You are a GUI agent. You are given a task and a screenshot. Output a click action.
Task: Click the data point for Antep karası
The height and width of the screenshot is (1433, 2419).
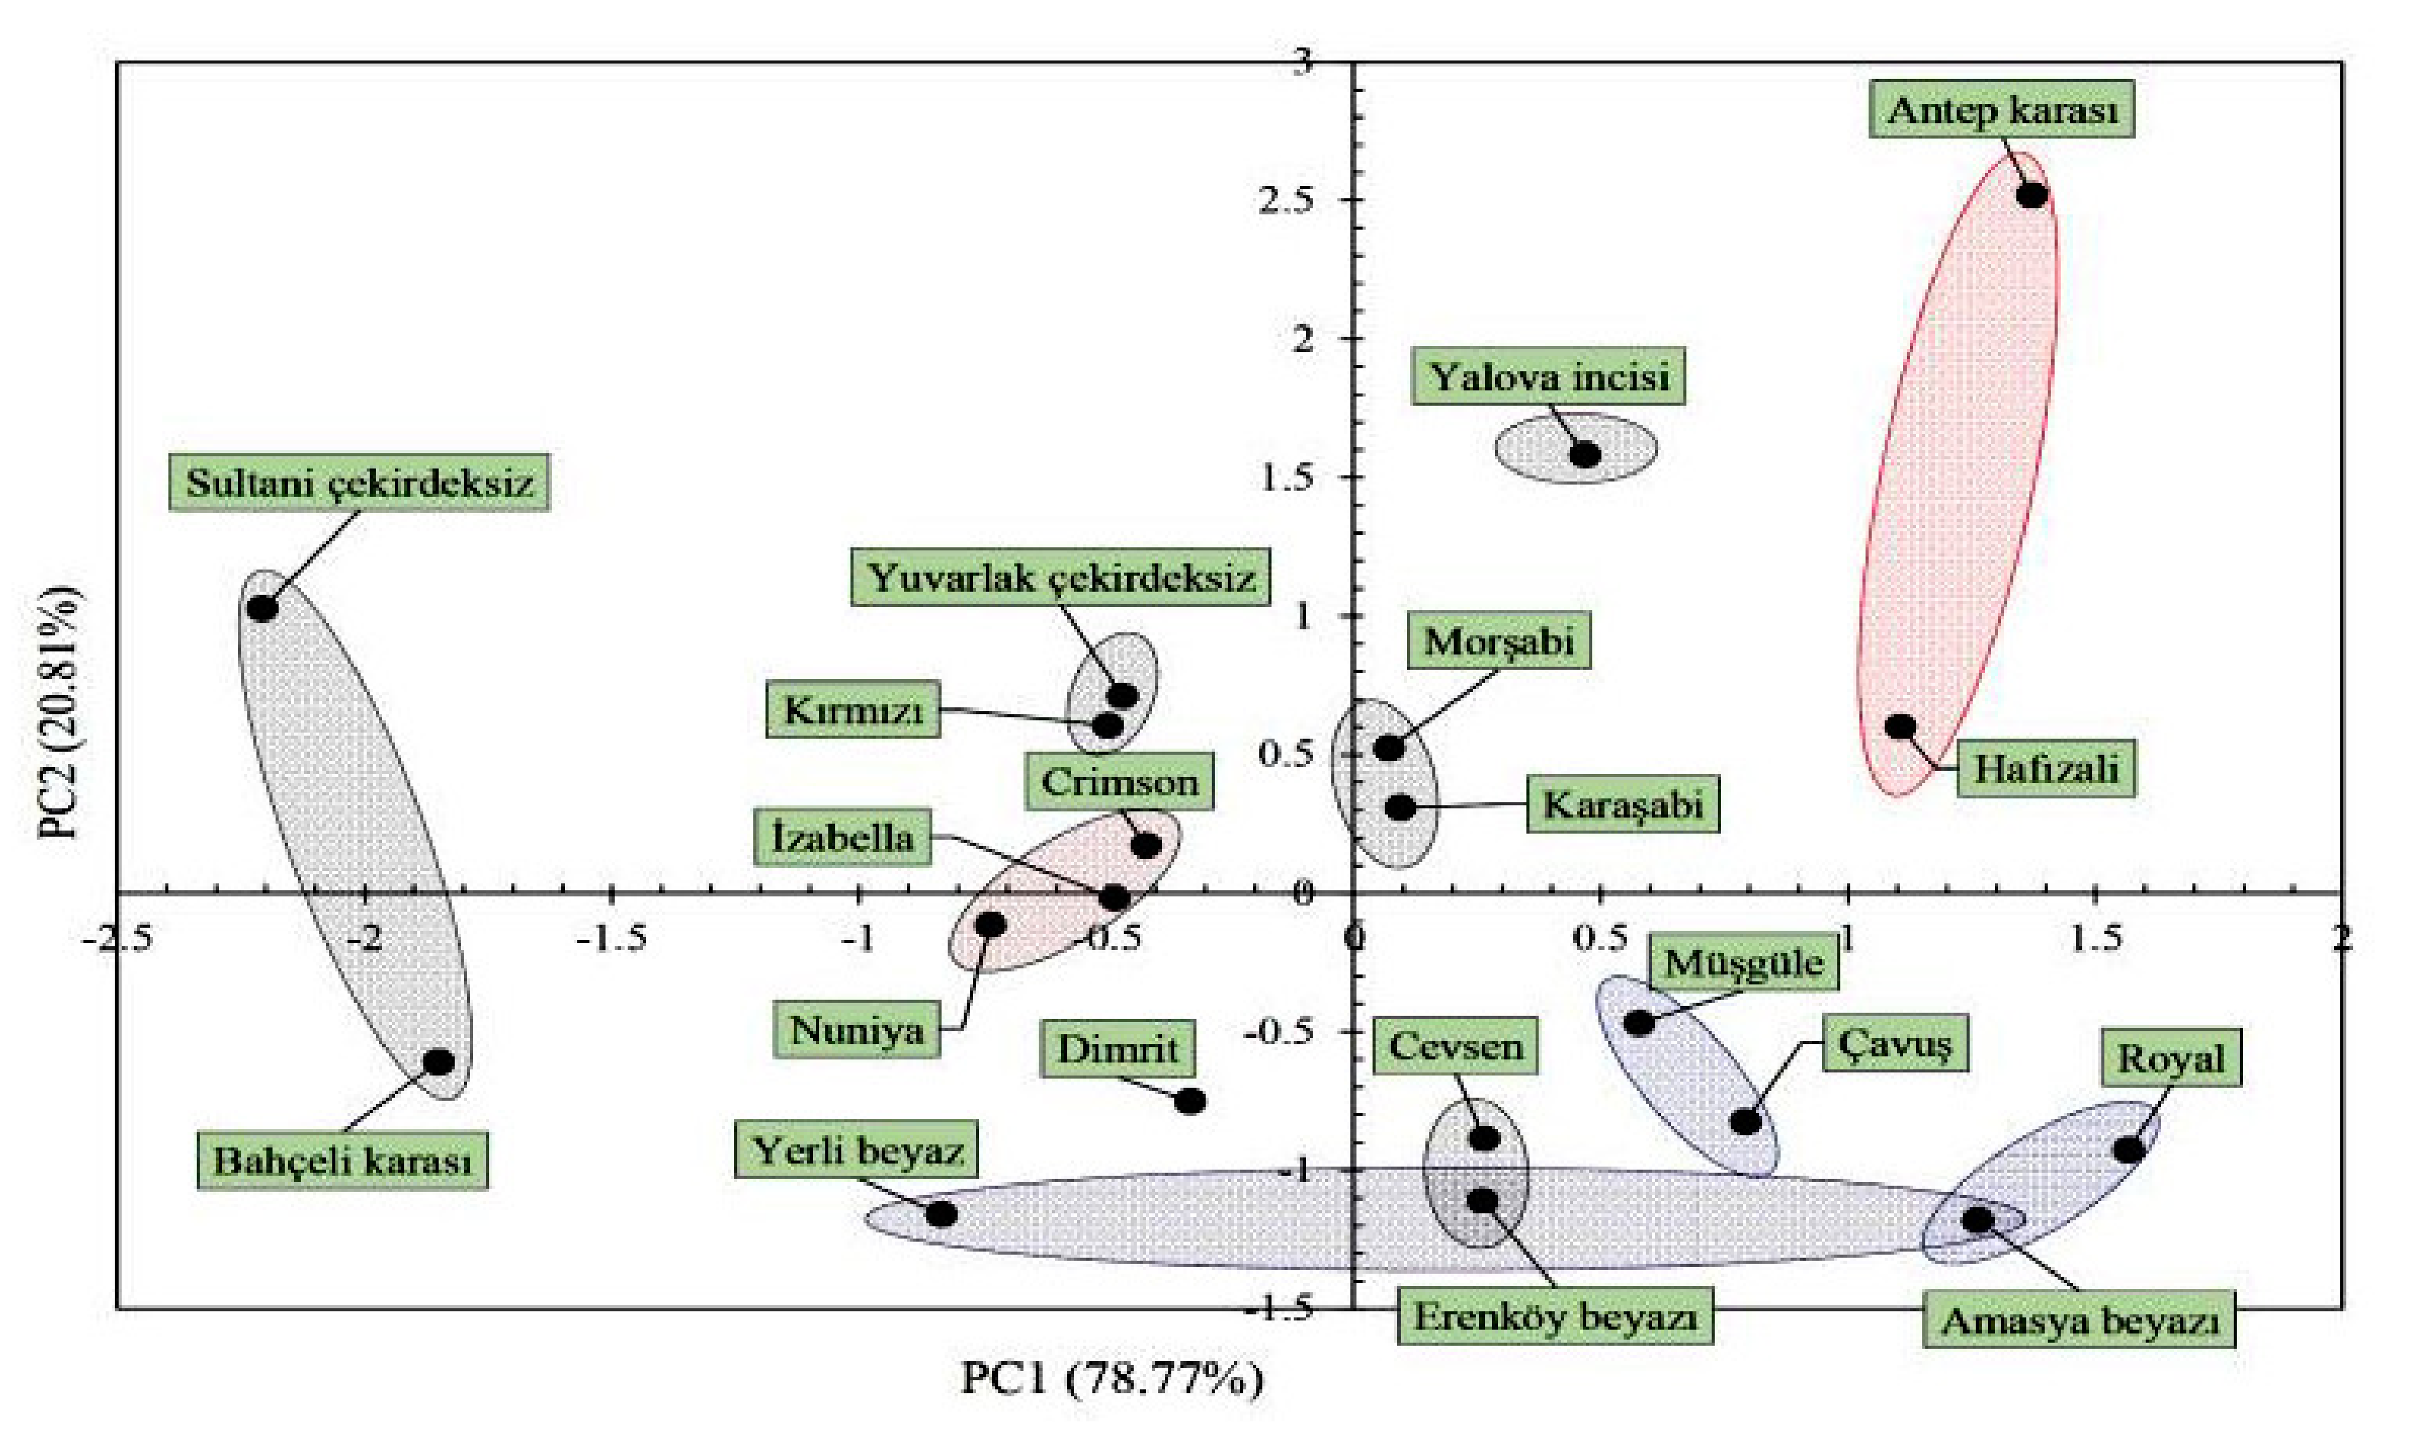[2032, 195]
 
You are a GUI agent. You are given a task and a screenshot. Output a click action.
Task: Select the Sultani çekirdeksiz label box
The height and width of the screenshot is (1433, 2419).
[359, 481]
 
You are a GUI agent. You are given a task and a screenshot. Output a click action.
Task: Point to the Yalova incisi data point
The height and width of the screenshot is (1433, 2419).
[1585, 454]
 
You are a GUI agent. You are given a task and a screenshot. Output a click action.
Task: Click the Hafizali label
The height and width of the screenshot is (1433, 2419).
[2045, 769]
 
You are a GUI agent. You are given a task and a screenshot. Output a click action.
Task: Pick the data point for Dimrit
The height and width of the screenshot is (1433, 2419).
[1190, 1101]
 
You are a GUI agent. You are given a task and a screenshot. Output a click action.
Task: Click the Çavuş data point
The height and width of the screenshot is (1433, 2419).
[1745, 1122]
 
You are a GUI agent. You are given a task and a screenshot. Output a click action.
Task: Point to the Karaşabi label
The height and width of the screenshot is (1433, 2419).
[1622, 805]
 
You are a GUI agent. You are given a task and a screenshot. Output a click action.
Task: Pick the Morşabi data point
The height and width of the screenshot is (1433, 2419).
[1389, 747]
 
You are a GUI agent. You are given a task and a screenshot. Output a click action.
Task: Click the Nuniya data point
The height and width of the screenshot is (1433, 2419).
[991, 925]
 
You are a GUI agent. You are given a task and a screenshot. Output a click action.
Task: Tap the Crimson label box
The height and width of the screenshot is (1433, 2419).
[1119, 782]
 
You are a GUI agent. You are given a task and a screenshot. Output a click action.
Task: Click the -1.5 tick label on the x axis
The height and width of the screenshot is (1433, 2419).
[612, 938]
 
